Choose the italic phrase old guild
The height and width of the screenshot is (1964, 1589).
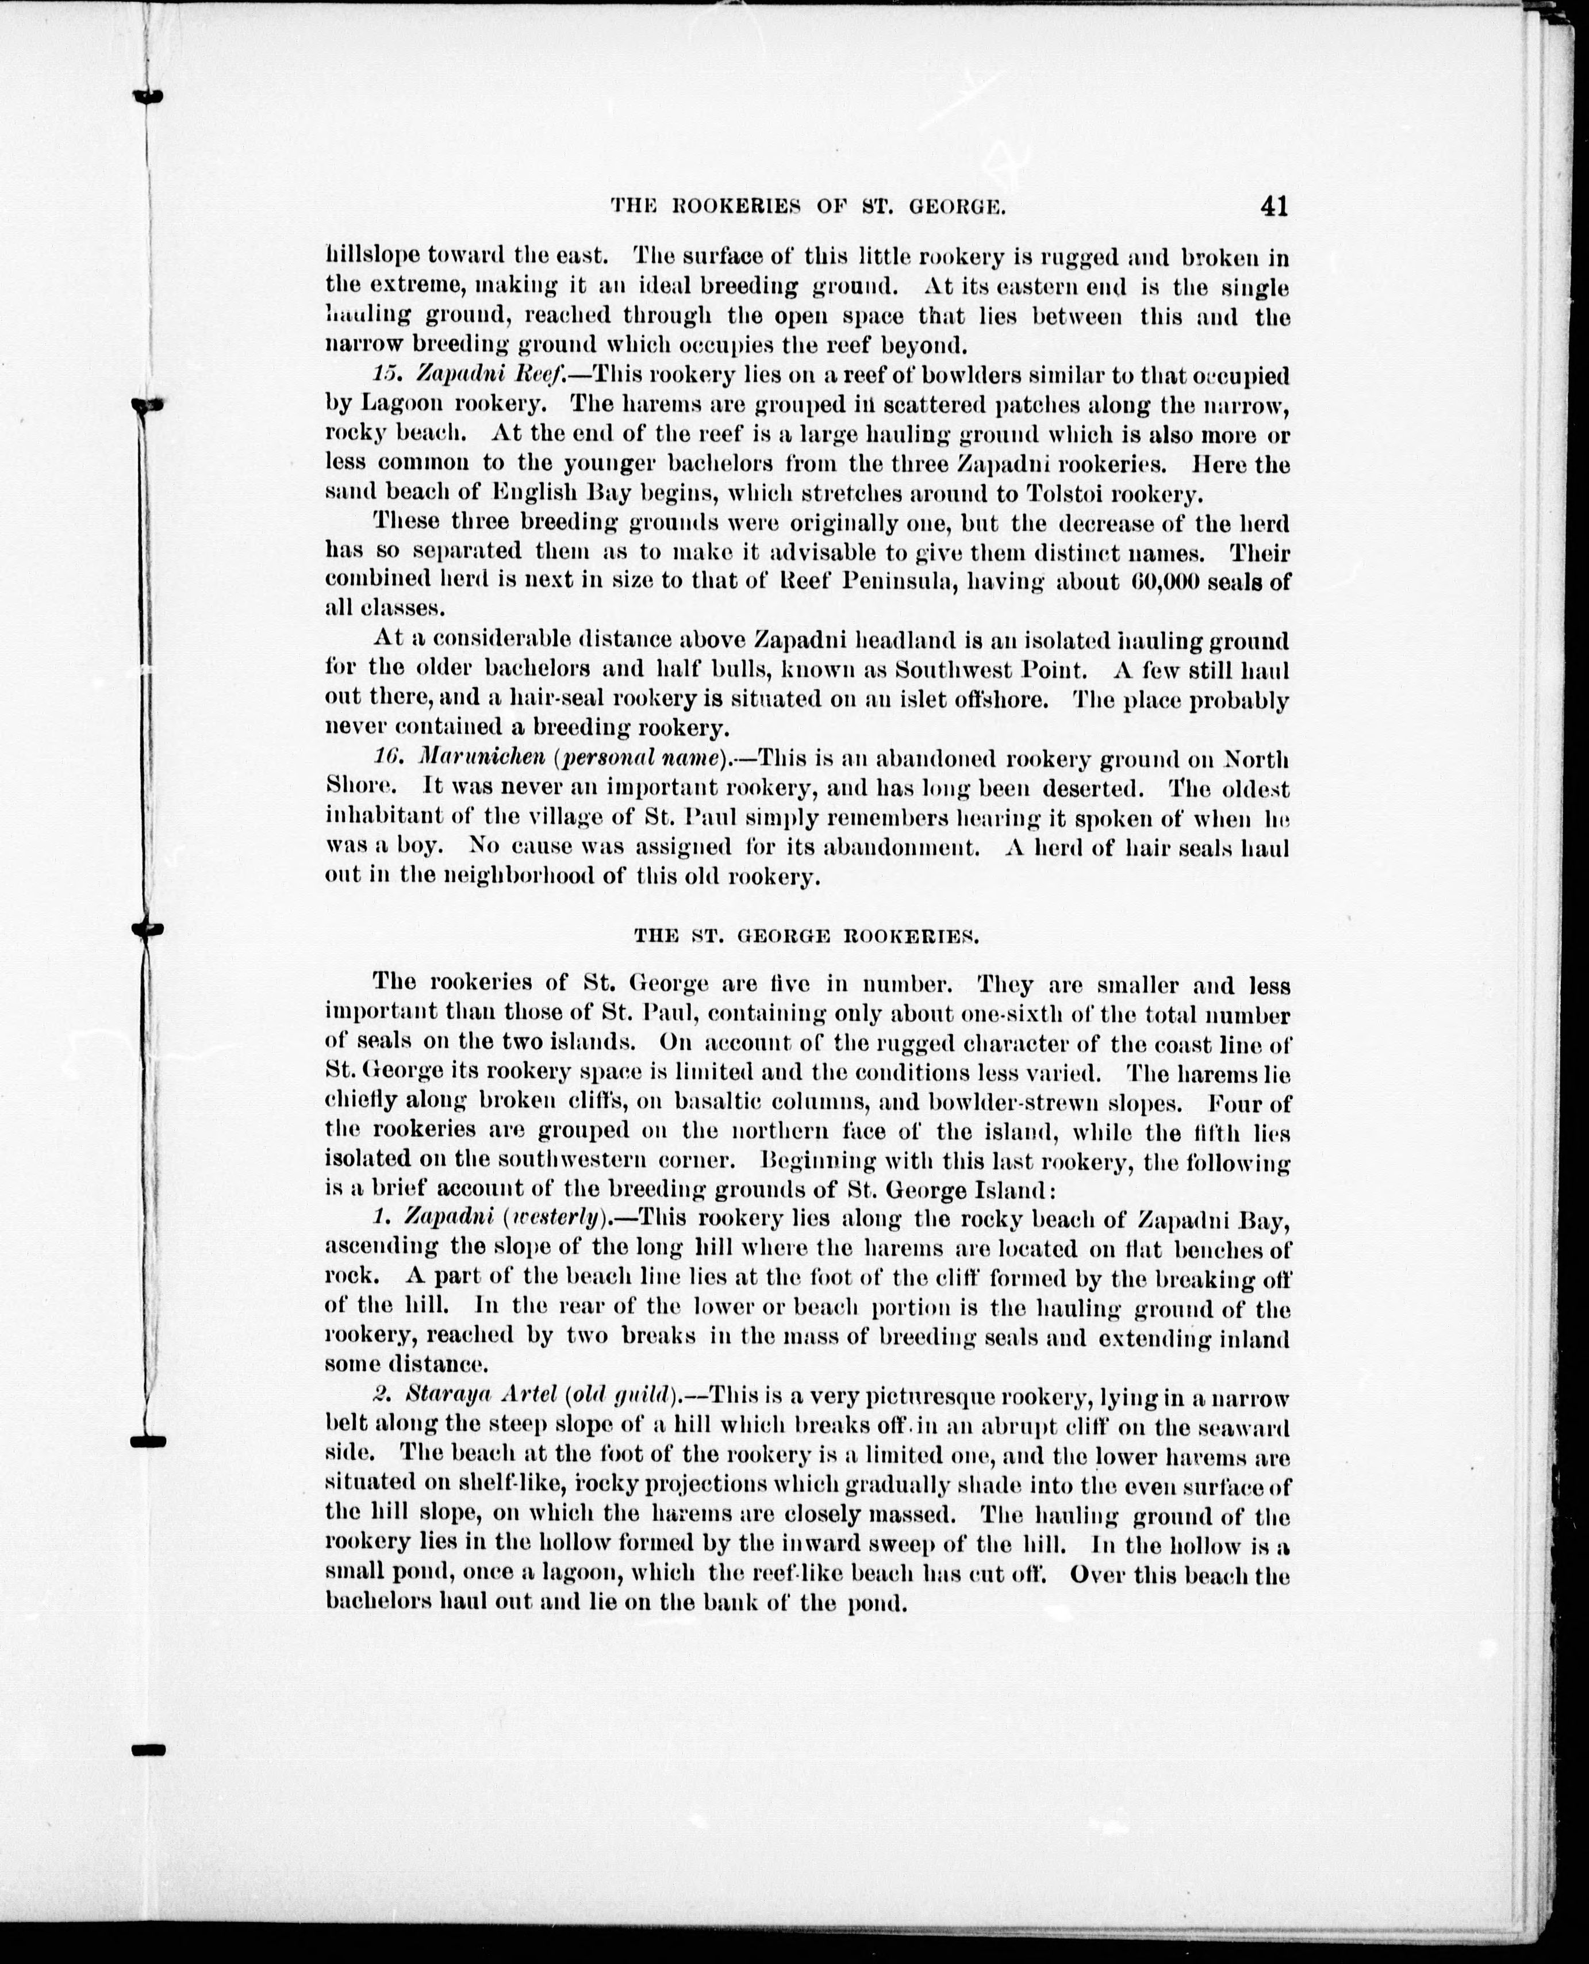click(623, 1395)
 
